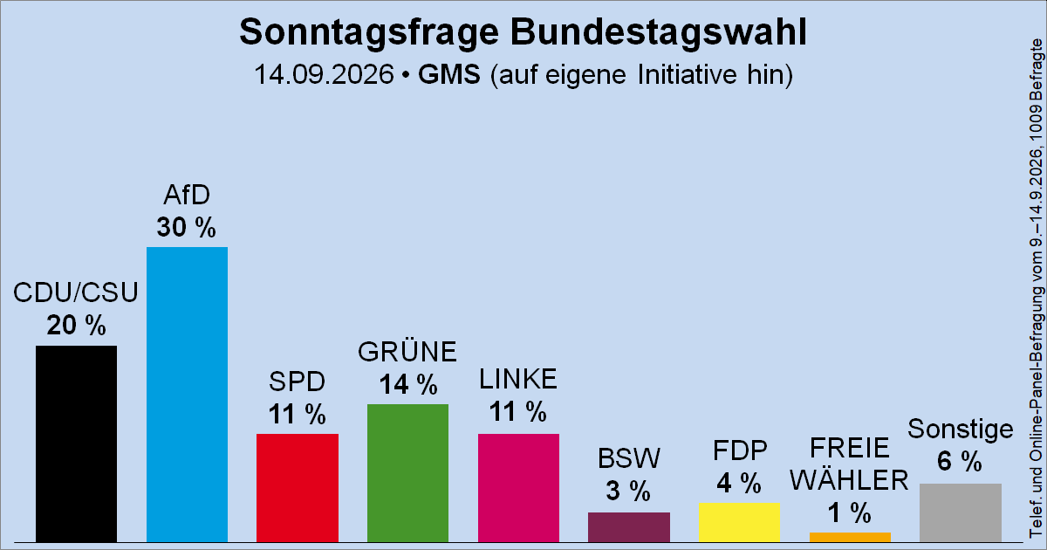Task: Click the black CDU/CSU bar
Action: (76, 443)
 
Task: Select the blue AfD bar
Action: (187, 395)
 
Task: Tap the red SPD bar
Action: (298, 488)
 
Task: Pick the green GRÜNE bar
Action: (407, 473)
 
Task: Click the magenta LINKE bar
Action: (518, 488)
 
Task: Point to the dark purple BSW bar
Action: (629, 527)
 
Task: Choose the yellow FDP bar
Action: (740, 522)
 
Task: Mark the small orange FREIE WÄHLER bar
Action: (850, 538)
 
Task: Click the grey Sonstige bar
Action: (961, 513)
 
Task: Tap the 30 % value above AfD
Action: (187, 227)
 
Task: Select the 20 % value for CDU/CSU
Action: (76, 325)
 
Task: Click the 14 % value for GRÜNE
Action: (408, 384)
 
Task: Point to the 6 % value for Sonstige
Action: (960, 461)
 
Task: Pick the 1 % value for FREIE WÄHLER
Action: (850, 512)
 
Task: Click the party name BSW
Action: (629, 458)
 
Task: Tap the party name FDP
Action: (740, 450)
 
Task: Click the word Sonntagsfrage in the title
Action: (369, 33)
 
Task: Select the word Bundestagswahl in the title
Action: (659, 31)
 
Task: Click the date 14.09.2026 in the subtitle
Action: (324, 74)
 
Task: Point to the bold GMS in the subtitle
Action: (449, 74)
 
